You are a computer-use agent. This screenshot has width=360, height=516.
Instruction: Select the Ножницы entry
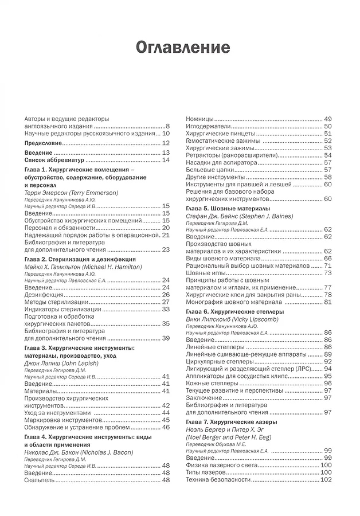coord(199,118)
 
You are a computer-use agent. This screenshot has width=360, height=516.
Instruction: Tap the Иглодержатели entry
coord(208,126)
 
